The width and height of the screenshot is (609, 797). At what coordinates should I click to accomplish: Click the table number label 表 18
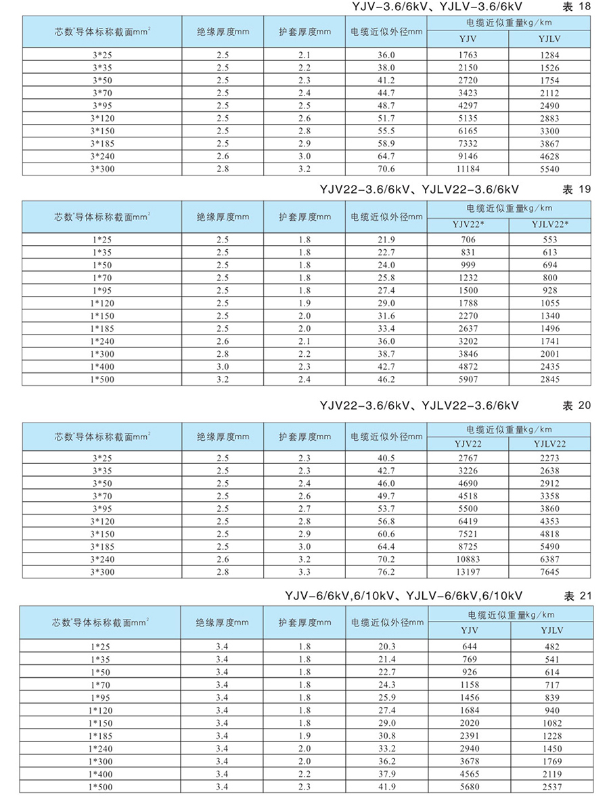coord(577,7)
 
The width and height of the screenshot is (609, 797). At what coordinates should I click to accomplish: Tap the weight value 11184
coord(468,169)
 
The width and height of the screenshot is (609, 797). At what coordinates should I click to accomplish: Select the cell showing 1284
coord(550,55)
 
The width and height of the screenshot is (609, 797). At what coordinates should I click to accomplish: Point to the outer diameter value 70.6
coord(386,169)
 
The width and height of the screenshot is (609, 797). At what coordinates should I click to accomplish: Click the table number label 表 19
coord(577,190)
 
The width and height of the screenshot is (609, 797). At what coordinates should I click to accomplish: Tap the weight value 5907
coord(468,379)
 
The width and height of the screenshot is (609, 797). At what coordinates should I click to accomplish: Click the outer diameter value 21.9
coord(386,240)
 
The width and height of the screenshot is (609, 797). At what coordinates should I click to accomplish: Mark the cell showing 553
coord(550,240)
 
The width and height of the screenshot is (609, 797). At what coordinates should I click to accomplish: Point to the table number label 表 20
coord(577,406)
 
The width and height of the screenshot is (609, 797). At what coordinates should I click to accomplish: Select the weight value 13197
coord(468,572)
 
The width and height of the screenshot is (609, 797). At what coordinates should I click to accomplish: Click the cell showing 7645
coord(550,572)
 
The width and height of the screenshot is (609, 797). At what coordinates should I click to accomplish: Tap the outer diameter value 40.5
coord(386,458)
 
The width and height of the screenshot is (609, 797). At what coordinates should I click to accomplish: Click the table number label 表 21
coord(577,596)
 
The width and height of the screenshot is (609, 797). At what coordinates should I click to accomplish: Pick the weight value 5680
coord(468,787)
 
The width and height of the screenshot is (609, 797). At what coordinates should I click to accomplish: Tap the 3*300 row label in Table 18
coord(102,169)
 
